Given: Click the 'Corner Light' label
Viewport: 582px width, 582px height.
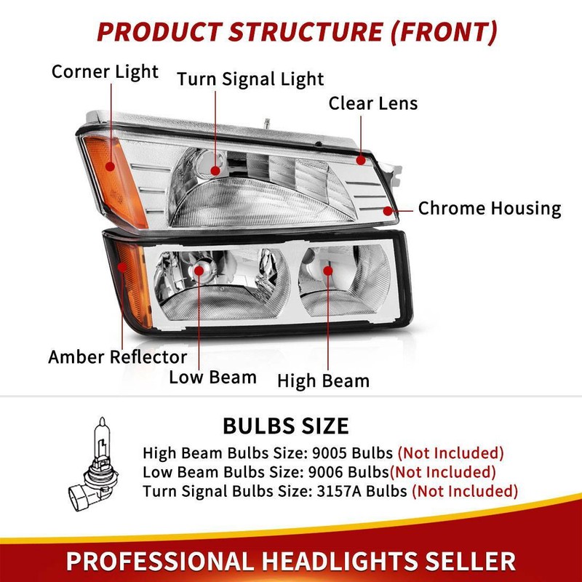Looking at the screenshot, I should pyautogui.click(x=105, y=72).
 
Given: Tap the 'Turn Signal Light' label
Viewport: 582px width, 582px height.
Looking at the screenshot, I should pyautogui.click(x=251, y=79).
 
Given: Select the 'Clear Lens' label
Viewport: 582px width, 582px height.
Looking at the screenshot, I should pyautogui.click(x=373, y=103).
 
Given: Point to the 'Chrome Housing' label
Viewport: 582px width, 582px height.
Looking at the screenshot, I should pyautogui.click(x=489, y=209).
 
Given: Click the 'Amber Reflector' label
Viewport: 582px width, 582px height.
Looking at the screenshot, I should pyautogui.click(x=117, y=357).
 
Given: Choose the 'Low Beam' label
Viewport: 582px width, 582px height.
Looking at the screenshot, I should pyautogui.click(x=212, y=377).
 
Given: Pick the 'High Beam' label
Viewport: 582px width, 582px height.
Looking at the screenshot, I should pyautogui.click(x=323, y=380).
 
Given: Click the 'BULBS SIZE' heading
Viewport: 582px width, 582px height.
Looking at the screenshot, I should pyautogui.click(x=286, y=426).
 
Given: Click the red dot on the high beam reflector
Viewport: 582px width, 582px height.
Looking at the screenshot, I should pyautogui.click(x=328, y=270).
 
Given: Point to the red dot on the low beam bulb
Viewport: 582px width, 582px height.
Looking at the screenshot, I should pyautogui.click(x=200, y=271).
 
